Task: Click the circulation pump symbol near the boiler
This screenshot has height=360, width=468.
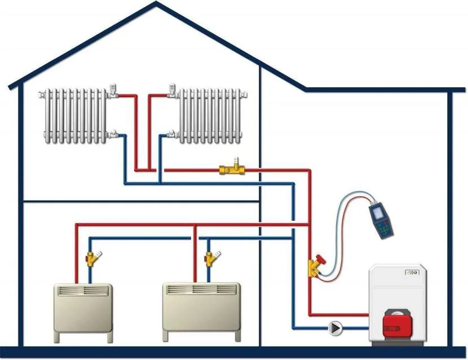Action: click(335, 327)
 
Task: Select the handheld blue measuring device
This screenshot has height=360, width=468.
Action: click(381, 220)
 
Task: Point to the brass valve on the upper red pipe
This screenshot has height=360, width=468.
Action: click(232, 168)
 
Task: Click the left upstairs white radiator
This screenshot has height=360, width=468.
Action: click(74, 114)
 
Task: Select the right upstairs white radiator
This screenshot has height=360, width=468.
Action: click(210, 114)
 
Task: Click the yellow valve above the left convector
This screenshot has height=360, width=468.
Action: click(91, 259)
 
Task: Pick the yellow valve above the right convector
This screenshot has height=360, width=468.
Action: click(210, 259)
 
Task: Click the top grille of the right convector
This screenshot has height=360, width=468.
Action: click(200, 290)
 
